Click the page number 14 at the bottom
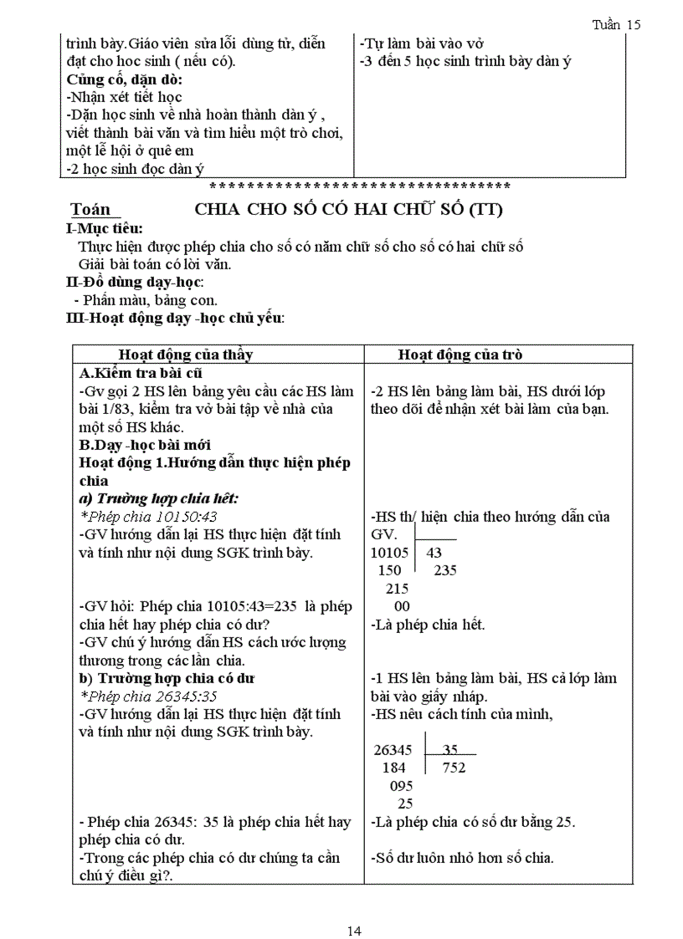(x=354, y=909)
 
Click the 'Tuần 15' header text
(x=616, y=24)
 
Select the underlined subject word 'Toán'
(x=90, y=210)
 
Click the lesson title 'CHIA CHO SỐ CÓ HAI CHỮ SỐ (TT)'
(x=348, y=210)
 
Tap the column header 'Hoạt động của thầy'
(x=185, y=355)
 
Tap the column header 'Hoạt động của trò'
(x=460, y=355)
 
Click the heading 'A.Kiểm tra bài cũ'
(x=141, y=373)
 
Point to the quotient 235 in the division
(x=445, y=570)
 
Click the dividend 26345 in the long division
(x=392, y=750)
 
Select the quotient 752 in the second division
(x=454, y=768)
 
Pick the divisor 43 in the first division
(x=434, y=553)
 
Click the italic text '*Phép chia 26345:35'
(x=149, y=696)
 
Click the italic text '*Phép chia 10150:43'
(x=149, y=517)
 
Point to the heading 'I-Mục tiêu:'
(x=104, y=228)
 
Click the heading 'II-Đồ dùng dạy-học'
(x=134, y=282)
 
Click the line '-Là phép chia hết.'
(x=428, y=625)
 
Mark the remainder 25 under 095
(x=405, y=804)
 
